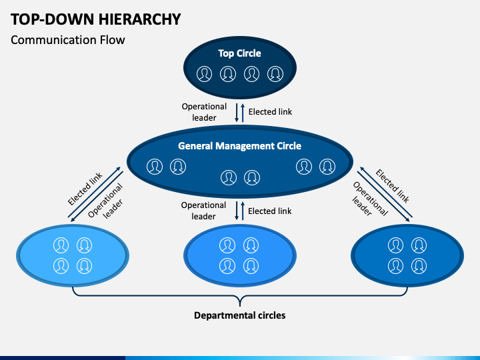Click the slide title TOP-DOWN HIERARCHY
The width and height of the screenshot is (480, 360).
pos(96,19)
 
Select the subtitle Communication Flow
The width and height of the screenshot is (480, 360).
pos(67,40)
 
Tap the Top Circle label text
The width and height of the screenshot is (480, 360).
pos(240,53)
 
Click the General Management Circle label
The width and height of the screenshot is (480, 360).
pos(240,146)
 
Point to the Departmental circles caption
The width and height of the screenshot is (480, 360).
pos(240,315)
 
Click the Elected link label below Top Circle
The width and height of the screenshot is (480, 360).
pos(270,112)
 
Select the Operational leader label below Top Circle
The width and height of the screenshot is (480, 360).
pos(204,112)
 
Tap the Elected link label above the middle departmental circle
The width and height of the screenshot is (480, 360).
pos(270,211)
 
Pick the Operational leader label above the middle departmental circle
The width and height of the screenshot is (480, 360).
pos(203,211)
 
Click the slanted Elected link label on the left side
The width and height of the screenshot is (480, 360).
pos(85,189)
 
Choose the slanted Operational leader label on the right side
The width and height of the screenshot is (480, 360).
pos(370,199)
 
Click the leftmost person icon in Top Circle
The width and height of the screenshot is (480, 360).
pos(204,74)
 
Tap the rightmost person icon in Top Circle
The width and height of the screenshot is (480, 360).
pos(275,74)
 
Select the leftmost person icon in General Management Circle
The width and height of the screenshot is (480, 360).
pos(155,167)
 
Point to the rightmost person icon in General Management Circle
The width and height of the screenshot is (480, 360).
pos(327,167)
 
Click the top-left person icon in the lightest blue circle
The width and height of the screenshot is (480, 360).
pos(61,245)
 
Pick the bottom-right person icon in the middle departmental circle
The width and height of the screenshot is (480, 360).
pos(251,266)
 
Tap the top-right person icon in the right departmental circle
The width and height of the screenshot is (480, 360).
pos(419,245)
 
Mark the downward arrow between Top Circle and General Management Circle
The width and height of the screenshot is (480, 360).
pos(236,113)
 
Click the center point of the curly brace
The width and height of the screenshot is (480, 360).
pos(240,301)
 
